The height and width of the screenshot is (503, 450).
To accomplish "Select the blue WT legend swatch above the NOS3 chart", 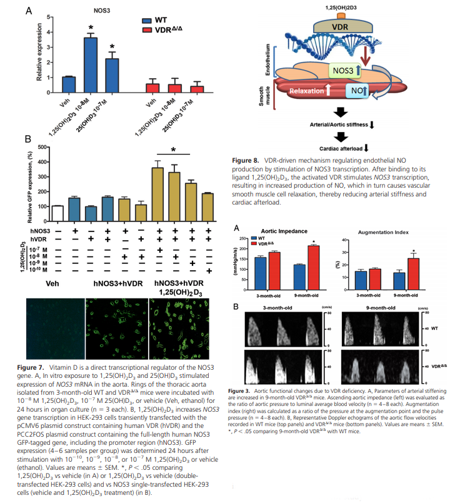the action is coord(149,19).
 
